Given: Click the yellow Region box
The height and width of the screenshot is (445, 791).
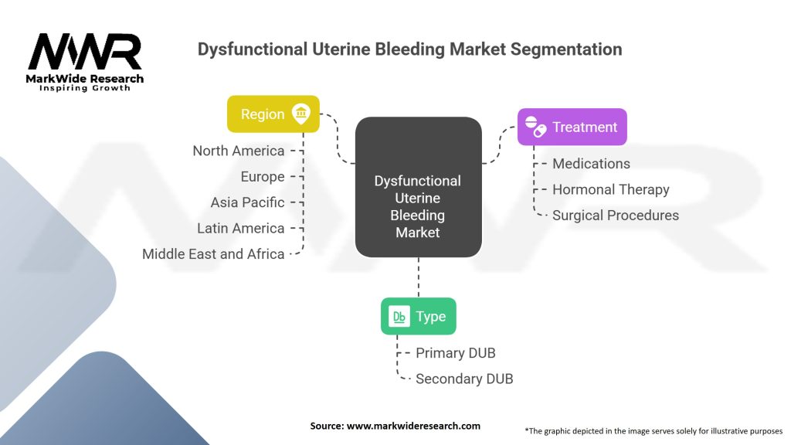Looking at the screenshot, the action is point(273,114).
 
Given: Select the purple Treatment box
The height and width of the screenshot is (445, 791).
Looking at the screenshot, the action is point(572,127).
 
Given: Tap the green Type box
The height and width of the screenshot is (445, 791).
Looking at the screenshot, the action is point(418,316).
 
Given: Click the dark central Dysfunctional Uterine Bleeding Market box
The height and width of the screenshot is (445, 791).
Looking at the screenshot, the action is point(418,187).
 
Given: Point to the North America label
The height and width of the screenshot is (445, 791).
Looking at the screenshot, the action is point(239,151).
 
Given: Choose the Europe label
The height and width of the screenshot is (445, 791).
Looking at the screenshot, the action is point(263,177).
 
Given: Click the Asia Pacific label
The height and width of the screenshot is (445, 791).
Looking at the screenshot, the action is point(248,202).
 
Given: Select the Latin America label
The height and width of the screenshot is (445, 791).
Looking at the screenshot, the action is point(241,228).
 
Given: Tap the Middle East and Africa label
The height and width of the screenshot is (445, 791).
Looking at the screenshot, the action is point(213,253).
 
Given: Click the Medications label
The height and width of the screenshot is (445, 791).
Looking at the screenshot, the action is point(591,164).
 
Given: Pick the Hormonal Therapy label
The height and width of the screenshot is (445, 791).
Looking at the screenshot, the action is point(611,190).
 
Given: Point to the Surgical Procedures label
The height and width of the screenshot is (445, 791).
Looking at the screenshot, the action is point(616,216).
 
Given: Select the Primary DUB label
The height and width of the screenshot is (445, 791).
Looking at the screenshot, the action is point(456,353).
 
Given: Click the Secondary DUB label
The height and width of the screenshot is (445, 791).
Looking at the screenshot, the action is point(464,379).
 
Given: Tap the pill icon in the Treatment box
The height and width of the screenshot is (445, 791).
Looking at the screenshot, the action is point(535,127).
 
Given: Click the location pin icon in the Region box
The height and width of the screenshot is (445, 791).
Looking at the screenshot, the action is point(301,114).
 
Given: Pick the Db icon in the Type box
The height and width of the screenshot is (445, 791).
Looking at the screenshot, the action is point(399,316).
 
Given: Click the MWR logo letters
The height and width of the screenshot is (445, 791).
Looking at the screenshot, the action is point(85,52).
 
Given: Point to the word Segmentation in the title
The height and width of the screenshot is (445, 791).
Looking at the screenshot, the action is point(566,49).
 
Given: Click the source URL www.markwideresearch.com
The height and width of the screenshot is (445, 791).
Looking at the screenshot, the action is point(413,426).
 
